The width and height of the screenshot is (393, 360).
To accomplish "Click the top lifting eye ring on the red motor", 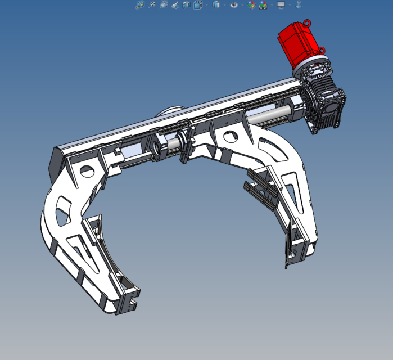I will [308, 23].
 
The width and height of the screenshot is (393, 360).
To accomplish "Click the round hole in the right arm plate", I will [230, 135].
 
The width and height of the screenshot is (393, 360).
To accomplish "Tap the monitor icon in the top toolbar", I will [281, 5].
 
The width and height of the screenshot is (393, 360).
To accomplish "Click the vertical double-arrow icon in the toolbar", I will [299, 5].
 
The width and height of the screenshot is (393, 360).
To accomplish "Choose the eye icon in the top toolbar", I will [234, 5].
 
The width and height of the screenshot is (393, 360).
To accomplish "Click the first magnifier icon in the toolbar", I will [140, 5].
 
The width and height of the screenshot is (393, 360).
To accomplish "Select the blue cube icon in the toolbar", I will [216, 5].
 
